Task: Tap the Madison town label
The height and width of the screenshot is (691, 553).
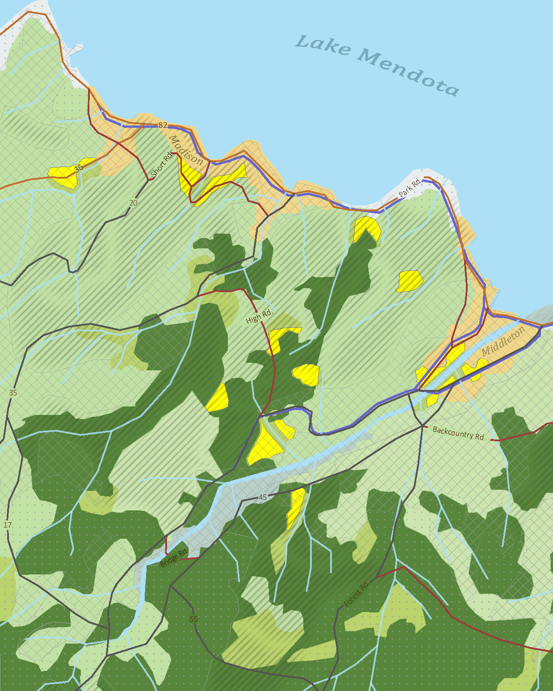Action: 186,151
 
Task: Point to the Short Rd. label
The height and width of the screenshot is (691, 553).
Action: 161,164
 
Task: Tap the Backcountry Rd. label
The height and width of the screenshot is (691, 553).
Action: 459,433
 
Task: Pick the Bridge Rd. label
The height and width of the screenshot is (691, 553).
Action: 174,558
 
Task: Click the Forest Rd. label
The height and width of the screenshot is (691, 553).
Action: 357,594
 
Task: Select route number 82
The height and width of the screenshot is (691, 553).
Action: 163,125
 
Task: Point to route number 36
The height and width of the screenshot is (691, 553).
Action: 79,168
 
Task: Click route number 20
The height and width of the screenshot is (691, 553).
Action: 133,203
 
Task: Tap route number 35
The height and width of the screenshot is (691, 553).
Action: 13,393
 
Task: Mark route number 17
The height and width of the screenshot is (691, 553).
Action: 8,525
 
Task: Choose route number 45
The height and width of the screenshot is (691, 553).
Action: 263,497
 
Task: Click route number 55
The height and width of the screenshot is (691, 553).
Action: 193,619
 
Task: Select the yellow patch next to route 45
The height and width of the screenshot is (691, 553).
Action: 295,507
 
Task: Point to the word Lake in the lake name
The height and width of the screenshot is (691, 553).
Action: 323,45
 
